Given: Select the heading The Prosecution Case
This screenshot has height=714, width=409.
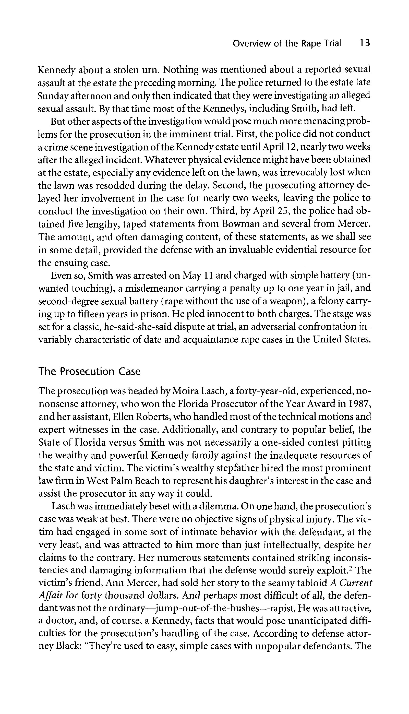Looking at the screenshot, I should [x=89, y=372].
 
